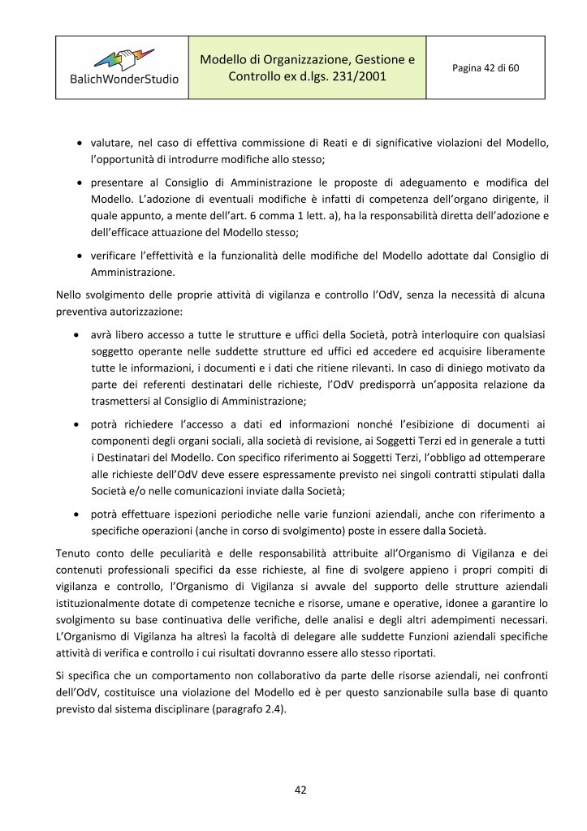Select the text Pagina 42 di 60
click(x=486, y=67)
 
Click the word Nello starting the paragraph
click(x=70, y=293)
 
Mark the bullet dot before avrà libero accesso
click(x=76, y=334)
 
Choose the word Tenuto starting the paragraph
click(x=73, y=553)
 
